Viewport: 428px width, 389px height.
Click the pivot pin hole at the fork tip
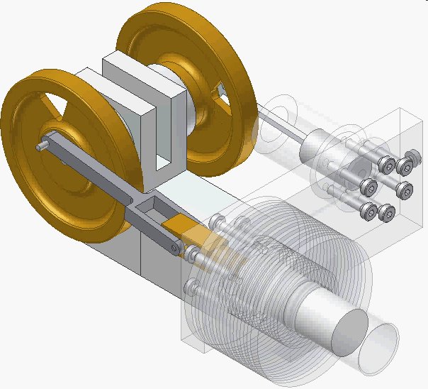pyautogui.click(x=172, y=248)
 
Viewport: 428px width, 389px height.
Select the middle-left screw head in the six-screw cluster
pyautogui.click(x=368, y=187)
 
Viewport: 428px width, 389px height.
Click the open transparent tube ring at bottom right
pyautogui.click(x=378, y=348)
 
